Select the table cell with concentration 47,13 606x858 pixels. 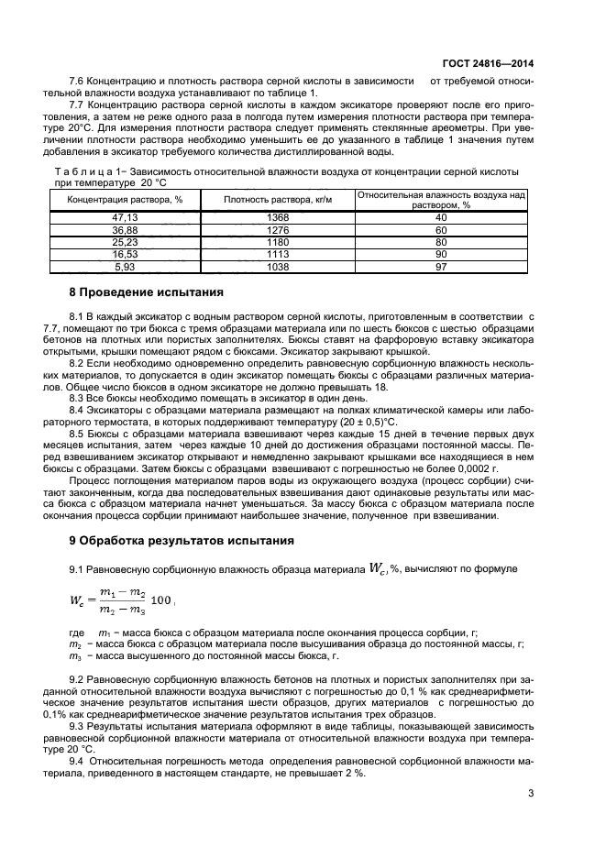coord(110,216)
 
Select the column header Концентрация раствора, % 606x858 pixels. coord(111,199)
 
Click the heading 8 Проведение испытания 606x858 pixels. coord(146,292)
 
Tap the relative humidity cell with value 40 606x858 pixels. coord(441,216)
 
